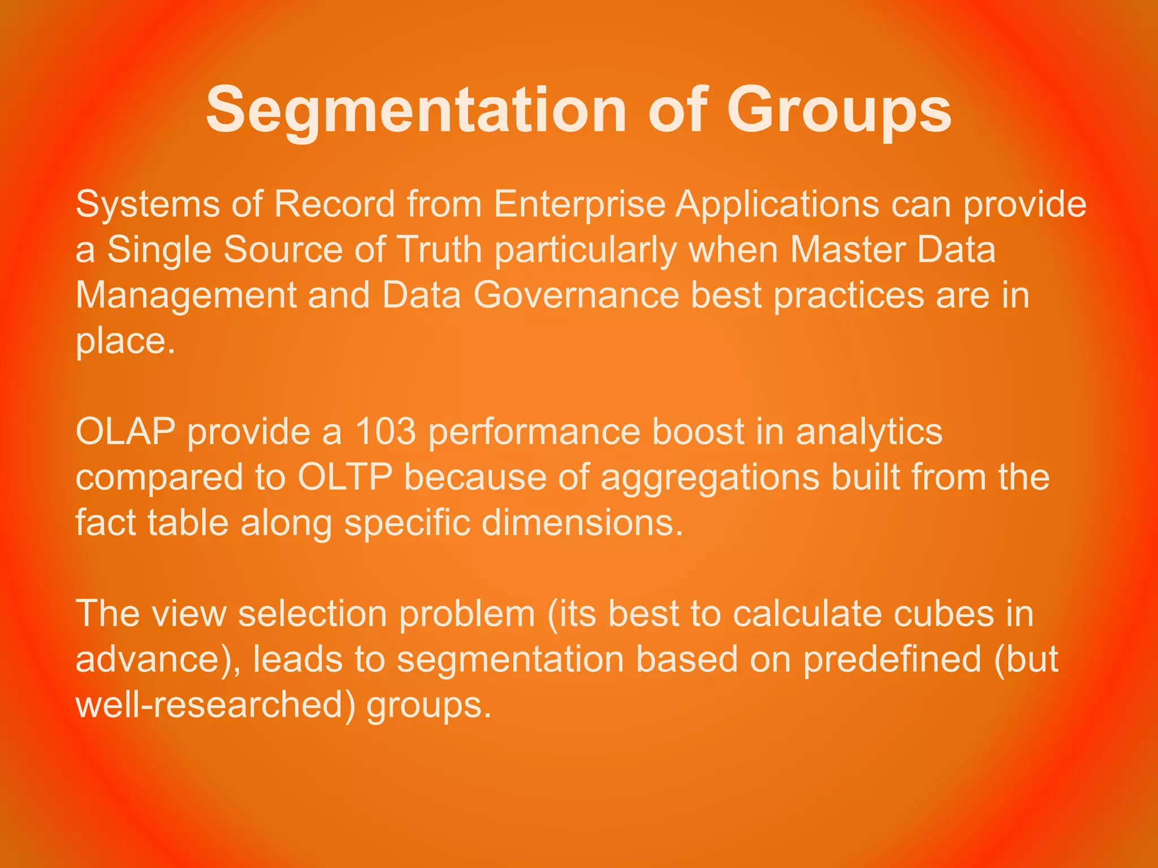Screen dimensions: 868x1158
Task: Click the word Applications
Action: [x=777, y=204]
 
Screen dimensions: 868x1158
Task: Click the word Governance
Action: [x=576, y=295]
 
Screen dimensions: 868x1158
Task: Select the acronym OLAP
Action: [x=126, y=432]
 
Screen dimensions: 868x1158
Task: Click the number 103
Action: [x=385, y=432]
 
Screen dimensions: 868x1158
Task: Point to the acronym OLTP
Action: [x=345, y=477]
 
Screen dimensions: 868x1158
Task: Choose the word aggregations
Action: [x=710, y=478]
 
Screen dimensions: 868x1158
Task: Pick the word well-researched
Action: [x=213, y=705]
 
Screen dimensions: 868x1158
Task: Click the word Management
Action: [x=186, y=296]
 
